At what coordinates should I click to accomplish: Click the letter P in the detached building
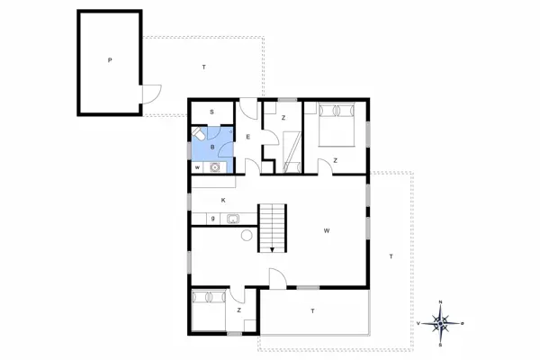point(109,61)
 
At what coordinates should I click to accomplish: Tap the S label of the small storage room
point(211,112)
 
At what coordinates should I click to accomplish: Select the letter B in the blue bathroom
point(212,146)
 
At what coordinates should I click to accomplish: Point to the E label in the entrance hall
point(247,136)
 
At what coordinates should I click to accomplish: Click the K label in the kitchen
point(222,199)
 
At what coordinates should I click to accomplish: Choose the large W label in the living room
point(326,231)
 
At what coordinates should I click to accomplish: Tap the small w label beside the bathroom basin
point(197,166)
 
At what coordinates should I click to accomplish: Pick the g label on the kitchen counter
point(212,217)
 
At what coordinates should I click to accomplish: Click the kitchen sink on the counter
point(232,217)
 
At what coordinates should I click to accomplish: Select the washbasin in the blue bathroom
point(215,166)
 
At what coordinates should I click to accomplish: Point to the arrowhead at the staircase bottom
point(272,250)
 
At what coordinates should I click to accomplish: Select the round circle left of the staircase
point(247,236)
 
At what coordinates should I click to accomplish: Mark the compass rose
point(440,322)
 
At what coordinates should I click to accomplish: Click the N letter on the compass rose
point(440,301)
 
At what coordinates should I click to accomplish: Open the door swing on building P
point(150,94)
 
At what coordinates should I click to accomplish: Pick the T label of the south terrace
point(312,310)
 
